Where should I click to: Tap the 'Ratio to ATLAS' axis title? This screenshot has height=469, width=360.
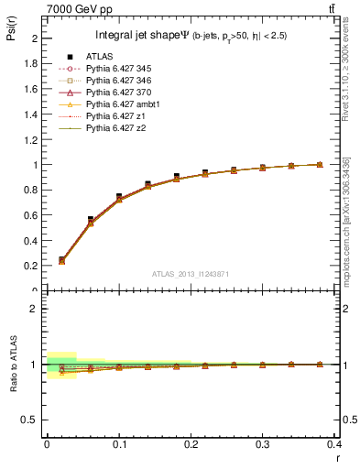point(12,364)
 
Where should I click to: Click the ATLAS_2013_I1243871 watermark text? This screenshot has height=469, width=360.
point(190,275)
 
